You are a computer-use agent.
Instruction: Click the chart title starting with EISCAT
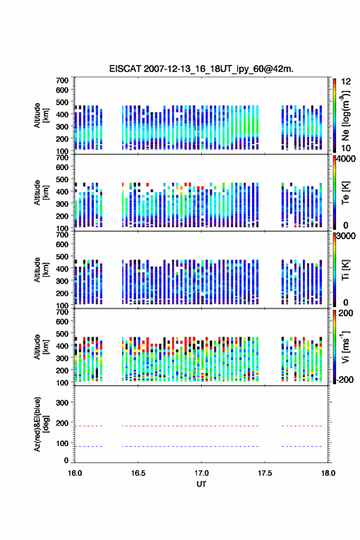tap(201, 69)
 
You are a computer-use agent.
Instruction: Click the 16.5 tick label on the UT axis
tap(137, 473)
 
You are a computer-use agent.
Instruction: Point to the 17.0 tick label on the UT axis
tap(201, 473)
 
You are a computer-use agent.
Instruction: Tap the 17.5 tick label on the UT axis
tap(265, 473)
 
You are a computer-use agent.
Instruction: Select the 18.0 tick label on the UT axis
tap(328, 473)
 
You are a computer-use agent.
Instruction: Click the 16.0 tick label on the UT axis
tap(75, 473)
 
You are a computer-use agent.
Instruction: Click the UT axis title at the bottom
tap(201, 484)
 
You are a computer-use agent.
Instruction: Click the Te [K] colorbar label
tap(345, 193)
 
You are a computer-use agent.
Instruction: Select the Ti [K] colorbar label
tap(345, 270)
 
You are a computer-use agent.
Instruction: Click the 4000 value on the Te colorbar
tap(346, 159)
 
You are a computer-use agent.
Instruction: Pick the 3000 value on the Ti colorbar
tap(346, 236)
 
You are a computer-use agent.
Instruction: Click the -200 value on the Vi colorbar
tap(345, 379)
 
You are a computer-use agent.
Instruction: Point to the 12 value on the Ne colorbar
tap(346, 82)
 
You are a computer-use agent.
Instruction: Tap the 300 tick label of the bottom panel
tap(62, 403)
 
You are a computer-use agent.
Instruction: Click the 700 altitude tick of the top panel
tap(62, 80)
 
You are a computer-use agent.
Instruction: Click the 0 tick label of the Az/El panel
tap(66, 460)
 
